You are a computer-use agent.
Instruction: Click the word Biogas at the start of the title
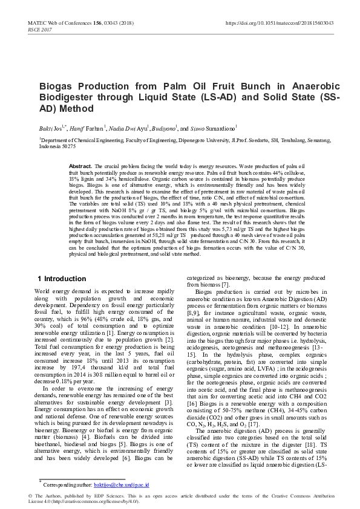point(59,86)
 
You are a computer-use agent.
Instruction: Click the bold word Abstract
point(80,166)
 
